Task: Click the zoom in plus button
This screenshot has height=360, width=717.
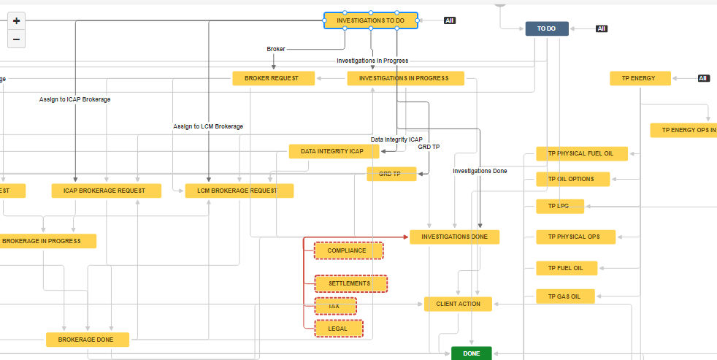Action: pos(17,20)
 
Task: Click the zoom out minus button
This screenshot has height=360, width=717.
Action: pos(17,39)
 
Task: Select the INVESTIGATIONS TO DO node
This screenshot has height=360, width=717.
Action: pos(371,20)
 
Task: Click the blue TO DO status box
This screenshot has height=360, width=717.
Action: pos(546,28)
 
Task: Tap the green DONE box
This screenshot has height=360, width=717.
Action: pos(471,353)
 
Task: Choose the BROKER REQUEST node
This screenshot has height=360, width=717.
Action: pos(274,78)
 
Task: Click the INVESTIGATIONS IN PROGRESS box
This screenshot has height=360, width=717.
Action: pos(405,78)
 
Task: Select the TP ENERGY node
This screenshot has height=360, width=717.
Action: pos(640,78)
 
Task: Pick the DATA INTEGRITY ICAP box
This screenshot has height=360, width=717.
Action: pos(336,151)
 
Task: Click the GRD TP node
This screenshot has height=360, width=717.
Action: pos(391,174)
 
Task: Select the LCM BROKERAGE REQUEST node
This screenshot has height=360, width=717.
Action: pos(239,191)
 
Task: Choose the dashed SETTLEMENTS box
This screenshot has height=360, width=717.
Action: pos(350,283)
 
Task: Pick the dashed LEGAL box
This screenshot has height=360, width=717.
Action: pos(338,329)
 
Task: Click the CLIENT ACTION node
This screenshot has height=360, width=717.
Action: pos(458,304)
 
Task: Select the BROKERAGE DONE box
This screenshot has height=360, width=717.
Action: pos(88,340)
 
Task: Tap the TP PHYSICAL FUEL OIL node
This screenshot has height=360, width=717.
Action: pos(581,153)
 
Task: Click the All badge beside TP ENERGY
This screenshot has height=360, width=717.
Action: pos(703,78)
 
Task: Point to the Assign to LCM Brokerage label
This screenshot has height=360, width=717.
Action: pos(208,126)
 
